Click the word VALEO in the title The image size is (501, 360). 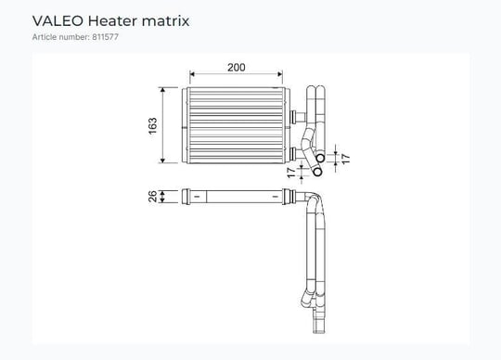(x=58, y=21)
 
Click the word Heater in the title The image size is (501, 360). (x=112, y=21)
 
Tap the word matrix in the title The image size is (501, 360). (x=165, y=21)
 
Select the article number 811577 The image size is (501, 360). (x=106, y=37)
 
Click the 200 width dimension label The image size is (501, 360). (x=237, y=68)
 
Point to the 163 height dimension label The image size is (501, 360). (x=153, y=126)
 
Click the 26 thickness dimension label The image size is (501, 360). (x=153, y=196)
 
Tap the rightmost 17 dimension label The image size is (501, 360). (x=345, y=159)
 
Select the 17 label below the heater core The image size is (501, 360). (x=291, y=173)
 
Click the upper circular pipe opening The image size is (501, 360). (x=320, y=158)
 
